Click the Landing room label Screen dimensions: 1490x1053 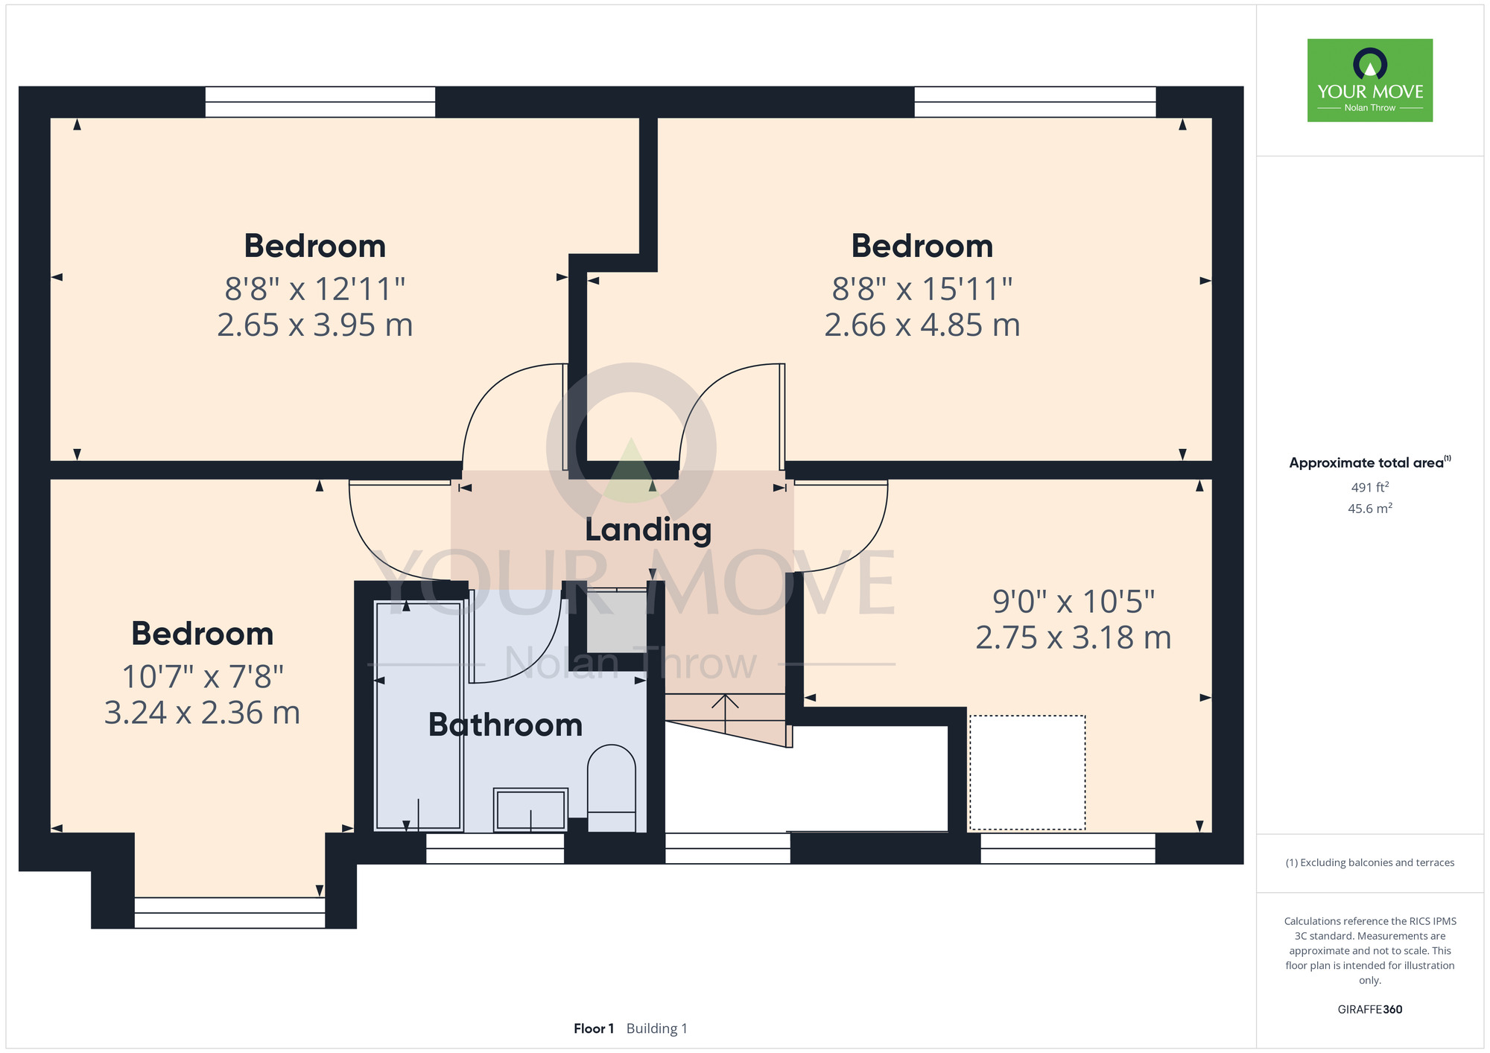[x=648, y=530]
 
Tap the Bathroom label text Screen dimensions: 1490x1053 [x=505, y=725]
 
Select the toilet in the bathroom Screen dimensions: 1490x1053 [x=612, y=788]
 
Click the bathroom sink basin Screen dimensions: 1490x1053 [x=530, y=809]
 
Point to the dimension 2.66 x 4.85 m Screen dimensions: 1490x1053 [x=922, y=325]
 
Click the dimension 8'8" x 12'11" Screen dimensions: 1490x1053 [x=315, y=289]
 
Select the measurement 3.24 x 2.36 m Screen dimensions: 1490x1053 [x=202, y=713]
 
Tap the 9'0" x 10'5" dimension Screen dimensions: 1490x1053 [x=1074, y=601]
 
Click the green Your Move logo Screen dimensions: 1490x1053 [x=1370, y=80]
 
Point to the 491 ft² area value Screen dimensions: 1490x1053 [x=1370, y=488]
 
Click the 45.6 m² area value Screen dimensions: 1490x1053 [x=1370, y=509]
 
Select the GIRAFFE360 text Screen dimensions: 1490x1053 [x=1370, y=1010]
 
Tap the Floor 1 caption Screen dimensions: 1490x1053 [x=594, y=1028]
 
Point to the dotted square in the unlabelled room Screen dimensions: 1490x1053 [x=1027, y=772]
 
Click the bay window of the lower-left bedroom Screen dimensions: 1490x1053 [x=229, y=913]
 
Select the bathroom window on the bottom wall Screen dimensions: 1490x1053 [x=495, y=848]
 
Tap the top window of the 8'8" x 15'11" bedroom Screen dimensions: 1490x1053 [x=1035, y=102]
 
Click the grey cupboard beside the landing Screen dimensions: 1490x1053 [x=616, y=620]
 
